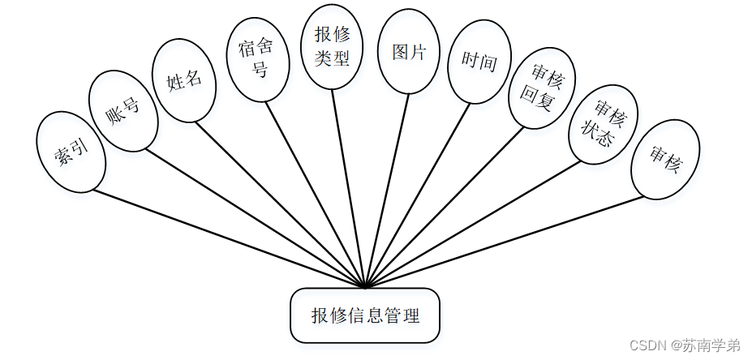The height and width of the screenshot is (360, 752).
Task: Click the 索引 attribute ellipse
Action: [71, 152]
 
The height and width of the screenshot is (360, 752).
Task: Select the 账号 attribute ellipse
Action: [122, 110]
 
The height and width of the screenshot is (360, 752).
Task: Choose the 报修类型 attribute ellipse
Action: [332, 47]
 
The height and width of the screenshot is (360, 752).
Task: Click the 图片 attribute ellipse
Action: [410, 51]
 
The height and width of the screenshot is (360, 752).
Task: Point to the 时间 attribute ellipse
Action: [479, 62]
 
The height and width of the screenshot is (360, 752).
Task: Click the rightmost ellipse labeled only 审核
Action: [665, 160]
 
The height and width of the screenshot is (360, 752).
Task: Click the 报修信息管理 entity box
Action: [365, 315]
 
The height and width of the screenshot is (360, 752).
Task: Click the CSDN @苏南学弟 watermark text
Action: [685, 345]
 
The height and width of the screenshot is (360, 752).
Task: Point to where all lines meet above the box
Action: [366, 286]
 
